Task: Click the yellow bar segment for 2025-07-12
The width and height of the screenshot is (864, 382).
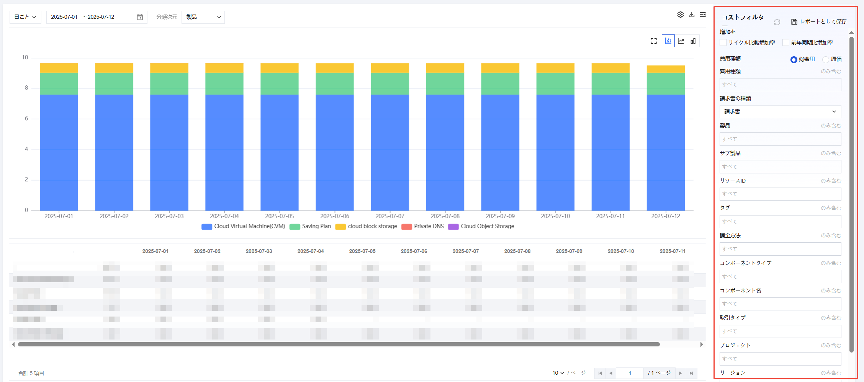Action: [x=666, y=69]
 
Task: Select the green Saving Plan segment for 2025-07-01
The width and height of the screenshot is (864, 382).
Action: [x=59, y=83]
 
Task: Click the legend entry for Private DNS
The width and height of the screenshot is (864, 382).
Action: [x=423, y=226]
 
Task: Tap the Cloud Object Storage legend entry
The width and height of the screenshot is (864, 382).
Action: [x=481, y=226]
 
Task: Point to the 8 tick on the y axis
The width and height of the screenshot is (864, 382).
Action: [x=26, y=88]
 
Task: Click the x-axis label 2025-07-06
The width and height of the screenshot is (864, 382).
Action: [x=335, y=216]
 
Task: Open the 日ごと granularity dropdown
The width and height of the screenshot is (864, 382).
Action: [x=25, y=17]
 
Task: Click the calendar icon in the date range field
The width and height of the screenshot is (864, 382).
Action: [x=140, y=17]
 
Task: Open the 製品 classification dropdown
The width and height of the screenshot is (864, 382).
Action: [x=203, y=17]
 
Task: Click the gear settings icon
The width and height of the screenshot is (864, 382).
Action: [x=680, y=15]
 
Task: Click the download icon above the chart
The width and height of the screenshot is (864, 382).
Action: [x=692, y=15]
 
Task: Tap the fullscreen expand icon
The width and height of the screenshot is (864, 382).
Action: [x=654, y=41]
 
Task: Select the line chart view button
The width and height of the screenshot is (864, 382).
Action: [x=681, y=41]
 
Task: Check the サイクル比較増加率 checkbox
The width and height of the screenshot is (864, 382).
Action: [x=723, y=42]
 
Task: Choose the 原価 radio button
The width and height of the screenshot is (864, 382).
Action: [x=826, y=59]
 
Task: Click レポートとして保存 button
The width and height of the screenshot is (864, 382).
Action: [x=819, y=21]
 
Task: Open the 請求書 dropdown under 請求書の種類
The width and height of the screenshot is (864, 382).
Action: [x=780, y=112]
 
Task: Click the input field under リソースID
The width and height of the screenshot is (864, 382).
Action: [x=780, y=194]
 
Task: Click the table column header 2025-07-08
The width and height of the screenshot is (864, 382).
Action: [x=517, y=251]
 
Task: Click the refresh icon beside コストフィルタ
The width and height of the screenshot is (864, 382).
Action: [x=777, y=22]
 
